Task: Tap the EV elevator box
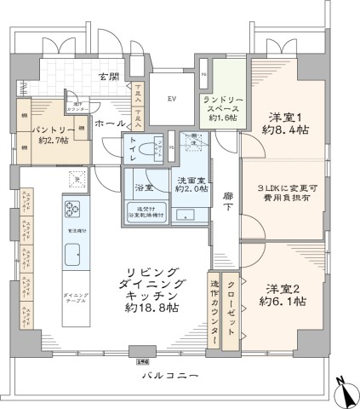tap(173, 95)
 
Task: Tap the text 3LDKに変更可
tap(281, 188)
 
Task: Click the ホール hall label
tap(109, 124)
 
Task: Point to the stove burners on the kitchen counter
tap(71, 210)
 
